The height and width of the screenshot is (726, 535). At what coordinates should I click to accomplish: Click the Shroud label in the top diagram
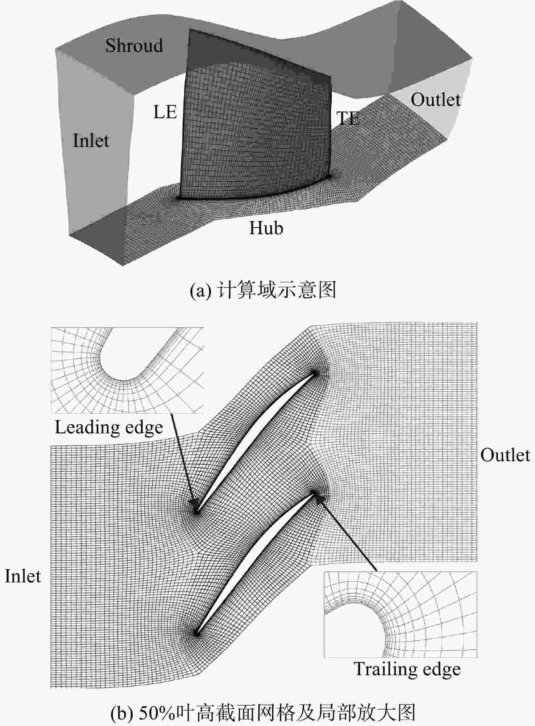coord(134,45)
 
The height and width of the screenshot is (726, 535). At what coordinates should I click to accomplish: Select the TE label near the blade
coord(348,118)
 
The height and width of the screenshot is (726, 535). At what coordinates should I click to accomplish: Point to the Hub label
coord(266,228)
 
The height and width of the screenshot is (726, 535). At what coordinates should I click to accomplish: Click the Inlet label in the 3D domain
coord(91,140)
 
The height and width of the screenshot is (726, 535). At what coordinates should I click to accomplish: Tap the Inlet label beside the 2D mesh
coord(23,576)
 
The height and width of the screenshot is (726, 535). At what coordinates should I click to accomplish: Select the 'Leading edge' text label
coord(109,428)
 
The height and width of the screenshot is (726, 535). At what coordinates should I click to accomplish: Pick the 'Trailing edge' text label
coord(407,669)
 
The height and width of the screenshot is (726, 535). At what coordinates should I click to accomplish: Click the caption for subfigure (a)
coord(263,290)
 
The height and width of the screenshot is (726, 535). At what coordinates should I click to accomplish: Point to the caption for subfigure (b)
coord(263,713)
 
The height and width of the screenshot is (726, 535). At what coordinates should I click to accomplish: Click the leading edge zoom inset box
coord(127,370)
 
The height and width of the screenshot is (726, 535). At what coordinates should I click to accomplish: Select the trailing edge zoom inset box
coord(401,615)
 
